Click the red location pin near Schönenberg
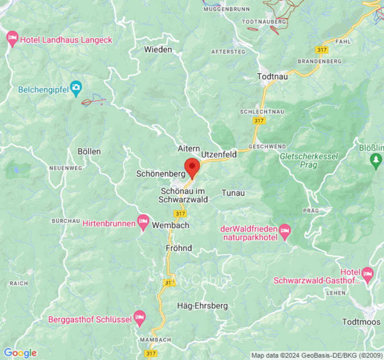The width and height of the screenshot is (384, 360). click(192, 167)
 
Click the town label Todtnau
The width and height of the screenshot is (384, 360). click(272, 76)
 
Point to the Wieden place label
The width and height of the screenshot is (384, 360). click(158, 49)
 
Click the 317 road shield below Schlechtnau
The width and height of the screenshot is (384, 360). click(259, 121)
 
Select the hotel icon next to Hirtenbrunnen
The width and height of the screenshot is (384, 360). click(143, 221)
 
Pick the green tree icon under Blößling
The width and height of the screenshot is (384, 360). click(376, 160)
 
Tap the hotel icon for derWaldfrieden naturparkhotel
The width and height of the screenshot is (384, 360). click(285, 231)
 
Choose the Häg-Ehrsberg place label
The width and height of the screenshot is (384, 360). click(202, 306)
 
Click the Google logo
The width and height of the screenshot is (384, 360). click(20, 353)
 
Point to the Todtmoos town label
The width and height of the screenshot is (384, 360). click(361, 322)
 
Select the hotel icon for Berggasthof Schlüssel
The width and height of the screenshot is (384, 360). click(140, 318)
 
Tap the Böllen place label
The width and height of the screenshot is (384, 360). click(89, 152)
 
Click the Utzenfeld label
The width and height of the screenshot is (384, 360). click(219, 154)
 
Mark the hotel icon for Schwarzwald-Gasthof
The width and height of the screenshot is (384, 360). click(368, 273)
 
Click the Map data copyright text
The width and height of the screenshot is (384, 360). click(316, 355)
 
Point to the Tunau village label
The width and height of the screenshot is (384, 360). click(233, 193)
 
